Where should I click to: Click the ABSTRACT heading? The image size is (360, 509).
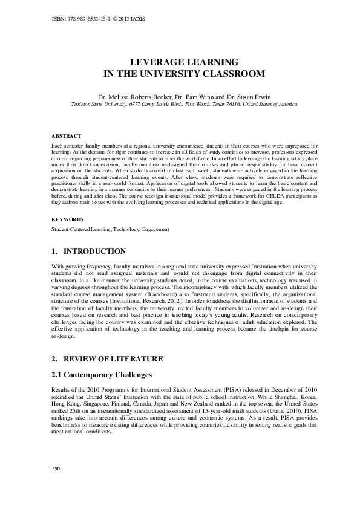(67, 137)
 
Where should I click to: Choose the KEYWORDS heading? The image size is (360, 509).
(68, 219)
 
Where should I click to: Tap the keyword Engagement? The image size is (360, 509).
(155, 229)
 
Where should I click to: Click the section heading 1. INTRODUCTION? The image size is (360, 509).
(89, 251)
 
